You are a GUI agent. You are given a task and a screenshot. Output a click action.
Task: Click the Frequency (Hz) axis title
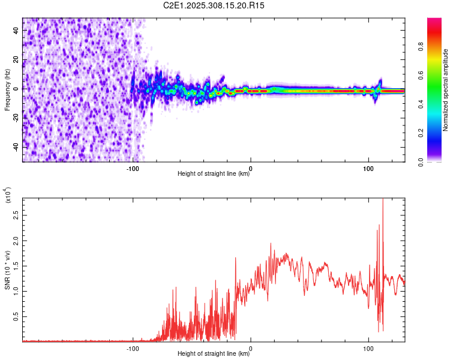pos(7,90)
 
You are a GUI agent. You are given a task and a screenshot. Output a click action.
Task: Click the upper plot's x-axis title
pos(214,174)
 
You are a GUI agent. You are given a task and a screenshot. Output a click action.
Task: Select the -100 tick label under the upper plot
pos(133,168)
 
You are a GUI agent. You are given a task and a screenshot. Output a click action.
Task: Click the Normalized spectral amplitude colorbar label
pos(446,90)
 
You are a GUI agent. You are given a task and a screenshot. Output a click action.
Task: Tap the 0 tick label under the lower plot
pos(251,348)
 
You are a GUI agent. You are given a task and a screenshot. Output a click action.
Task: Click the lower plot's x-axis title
pos(214,354)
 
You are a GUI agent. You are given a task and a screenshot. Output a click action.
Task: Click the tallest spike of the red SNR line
pos(383,200)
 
